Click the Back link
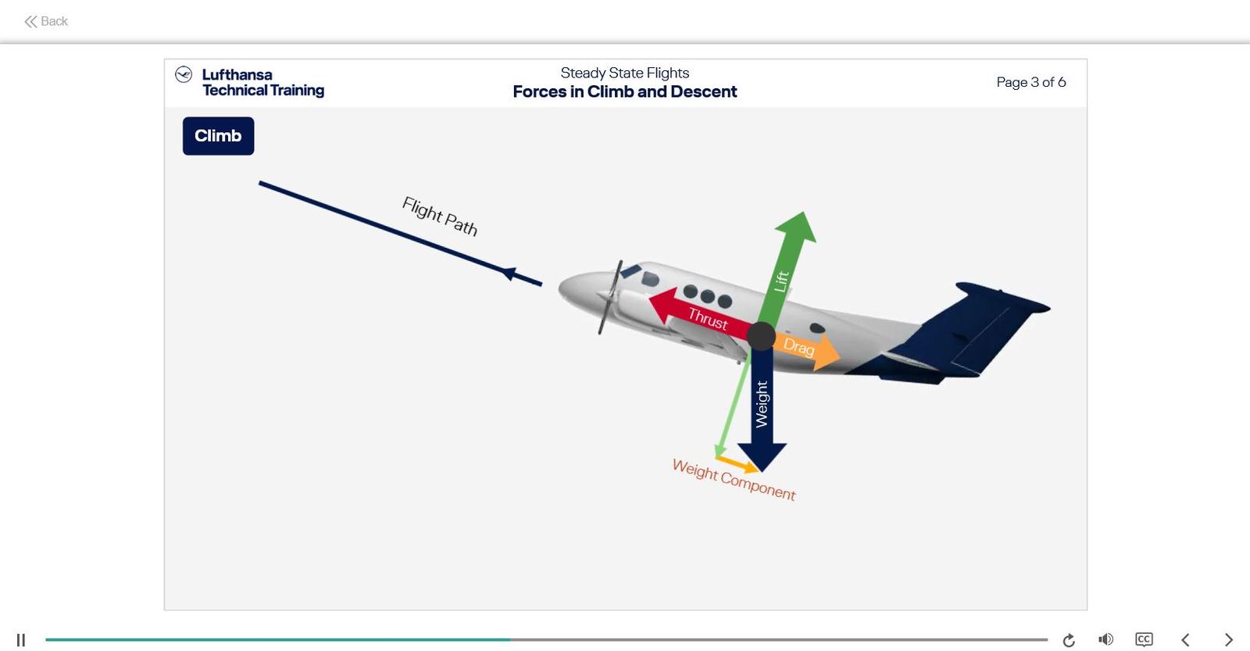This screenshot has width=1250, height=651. (46, 21)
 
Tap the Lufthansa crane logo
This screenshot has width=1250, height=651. (184, 74)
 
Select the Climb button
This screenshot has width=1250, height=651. (218, 136)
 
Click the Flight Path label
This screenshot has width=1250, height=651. (439, 216)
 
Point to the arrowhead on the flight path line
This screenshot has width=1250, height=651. (509, 273)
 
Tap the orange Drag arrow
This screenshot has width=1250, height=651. (805, 348)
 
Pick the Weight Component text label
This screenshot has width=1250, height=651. (734, 479)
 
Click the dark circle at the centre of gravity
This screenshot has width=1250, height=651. (761, 336)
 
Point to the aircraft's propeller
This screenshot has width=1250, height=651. (609, 298)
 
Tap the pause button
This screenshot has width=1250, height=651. (21, 640)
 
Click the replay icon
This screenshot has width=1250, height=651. (1069, 640)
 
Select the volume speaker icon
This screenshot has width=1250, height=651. (1105, 639)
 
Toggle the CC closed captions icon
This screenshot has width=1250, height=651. (1144, 639)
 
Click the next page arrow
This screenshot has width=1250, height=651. (1228, 639)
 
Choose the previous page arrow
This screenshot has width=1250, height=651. (1185, 639)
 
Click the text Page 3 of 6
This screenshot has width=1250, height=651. (1030, 82)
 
